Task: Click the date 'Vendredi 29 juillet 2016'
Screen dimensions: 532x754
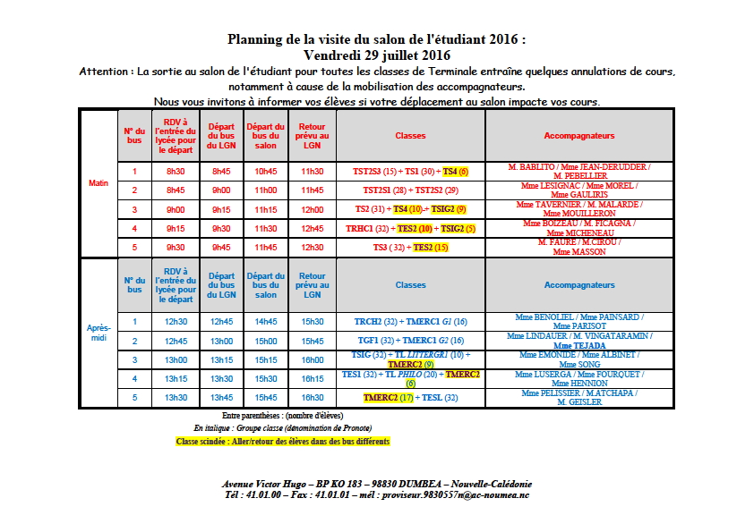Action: (376, 55)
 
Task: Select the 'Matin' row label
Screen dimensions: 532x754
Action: (98, 182)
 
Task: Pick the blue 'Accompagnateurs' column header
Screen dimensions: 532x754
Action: (579, 285)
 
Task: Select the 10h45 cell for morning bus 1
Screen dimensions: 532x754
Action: (266, 171)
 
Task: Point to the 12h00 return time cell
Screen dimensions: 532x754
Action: (312, 209)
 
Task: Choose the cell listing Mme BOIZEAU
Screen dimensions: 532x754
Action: (579, 228)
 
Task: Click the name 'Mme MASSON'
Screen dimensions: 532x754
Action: (579, 252)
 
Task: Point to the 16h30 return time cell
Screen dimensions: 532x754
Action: (312, 397)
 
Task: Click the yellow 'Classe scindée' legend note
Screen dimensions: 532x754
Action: (283, 442)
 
